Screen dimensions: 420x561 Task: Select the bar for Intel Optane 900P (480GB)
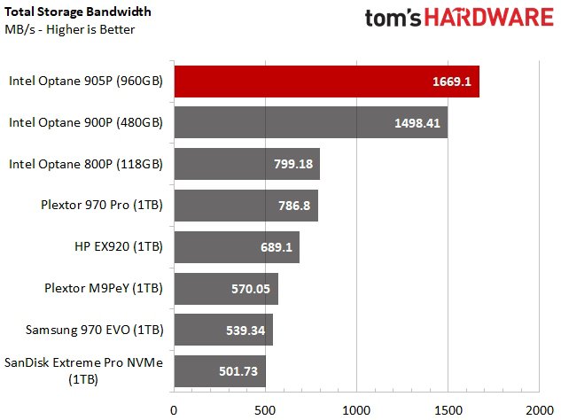click(x=310, y=122)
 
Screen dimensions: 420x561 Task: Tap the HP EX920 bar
click(x=236, y=246)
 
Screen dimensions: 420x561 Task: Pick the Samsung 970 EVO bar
click(x=222, y=330)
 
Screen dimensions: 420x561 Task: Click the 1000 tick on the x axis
click(x=356, y=409)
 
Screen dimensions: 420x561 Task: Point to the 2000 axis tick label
click(x=539, y=409)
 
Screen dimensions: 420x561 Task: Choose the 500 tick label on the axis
click(x=265, y=409)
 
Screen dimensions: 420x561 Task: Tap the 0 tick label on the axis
click(x=174, y=409)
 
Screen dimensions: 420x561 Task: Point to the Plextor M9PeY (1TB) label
click(x=104, y=288)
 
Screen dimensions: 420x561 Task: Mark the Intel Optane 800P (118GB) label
click(x=86, y=164)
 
